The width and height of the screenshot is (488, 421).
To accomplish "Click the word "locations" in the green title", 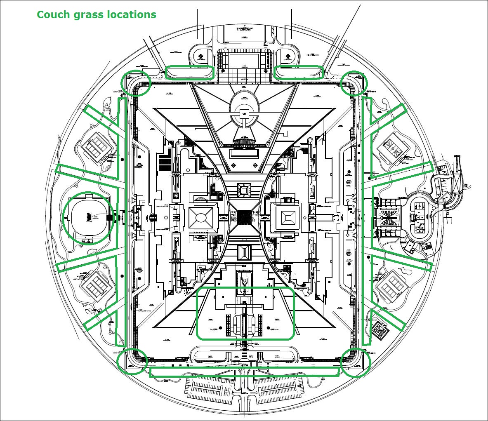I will [x=132, y=14].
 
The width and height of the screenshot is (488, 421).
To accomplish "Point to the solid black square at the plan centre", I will [x=244, y=216].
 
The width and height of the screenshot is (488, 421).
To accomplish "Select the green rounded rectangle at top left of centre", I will [x=189, y=72].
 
